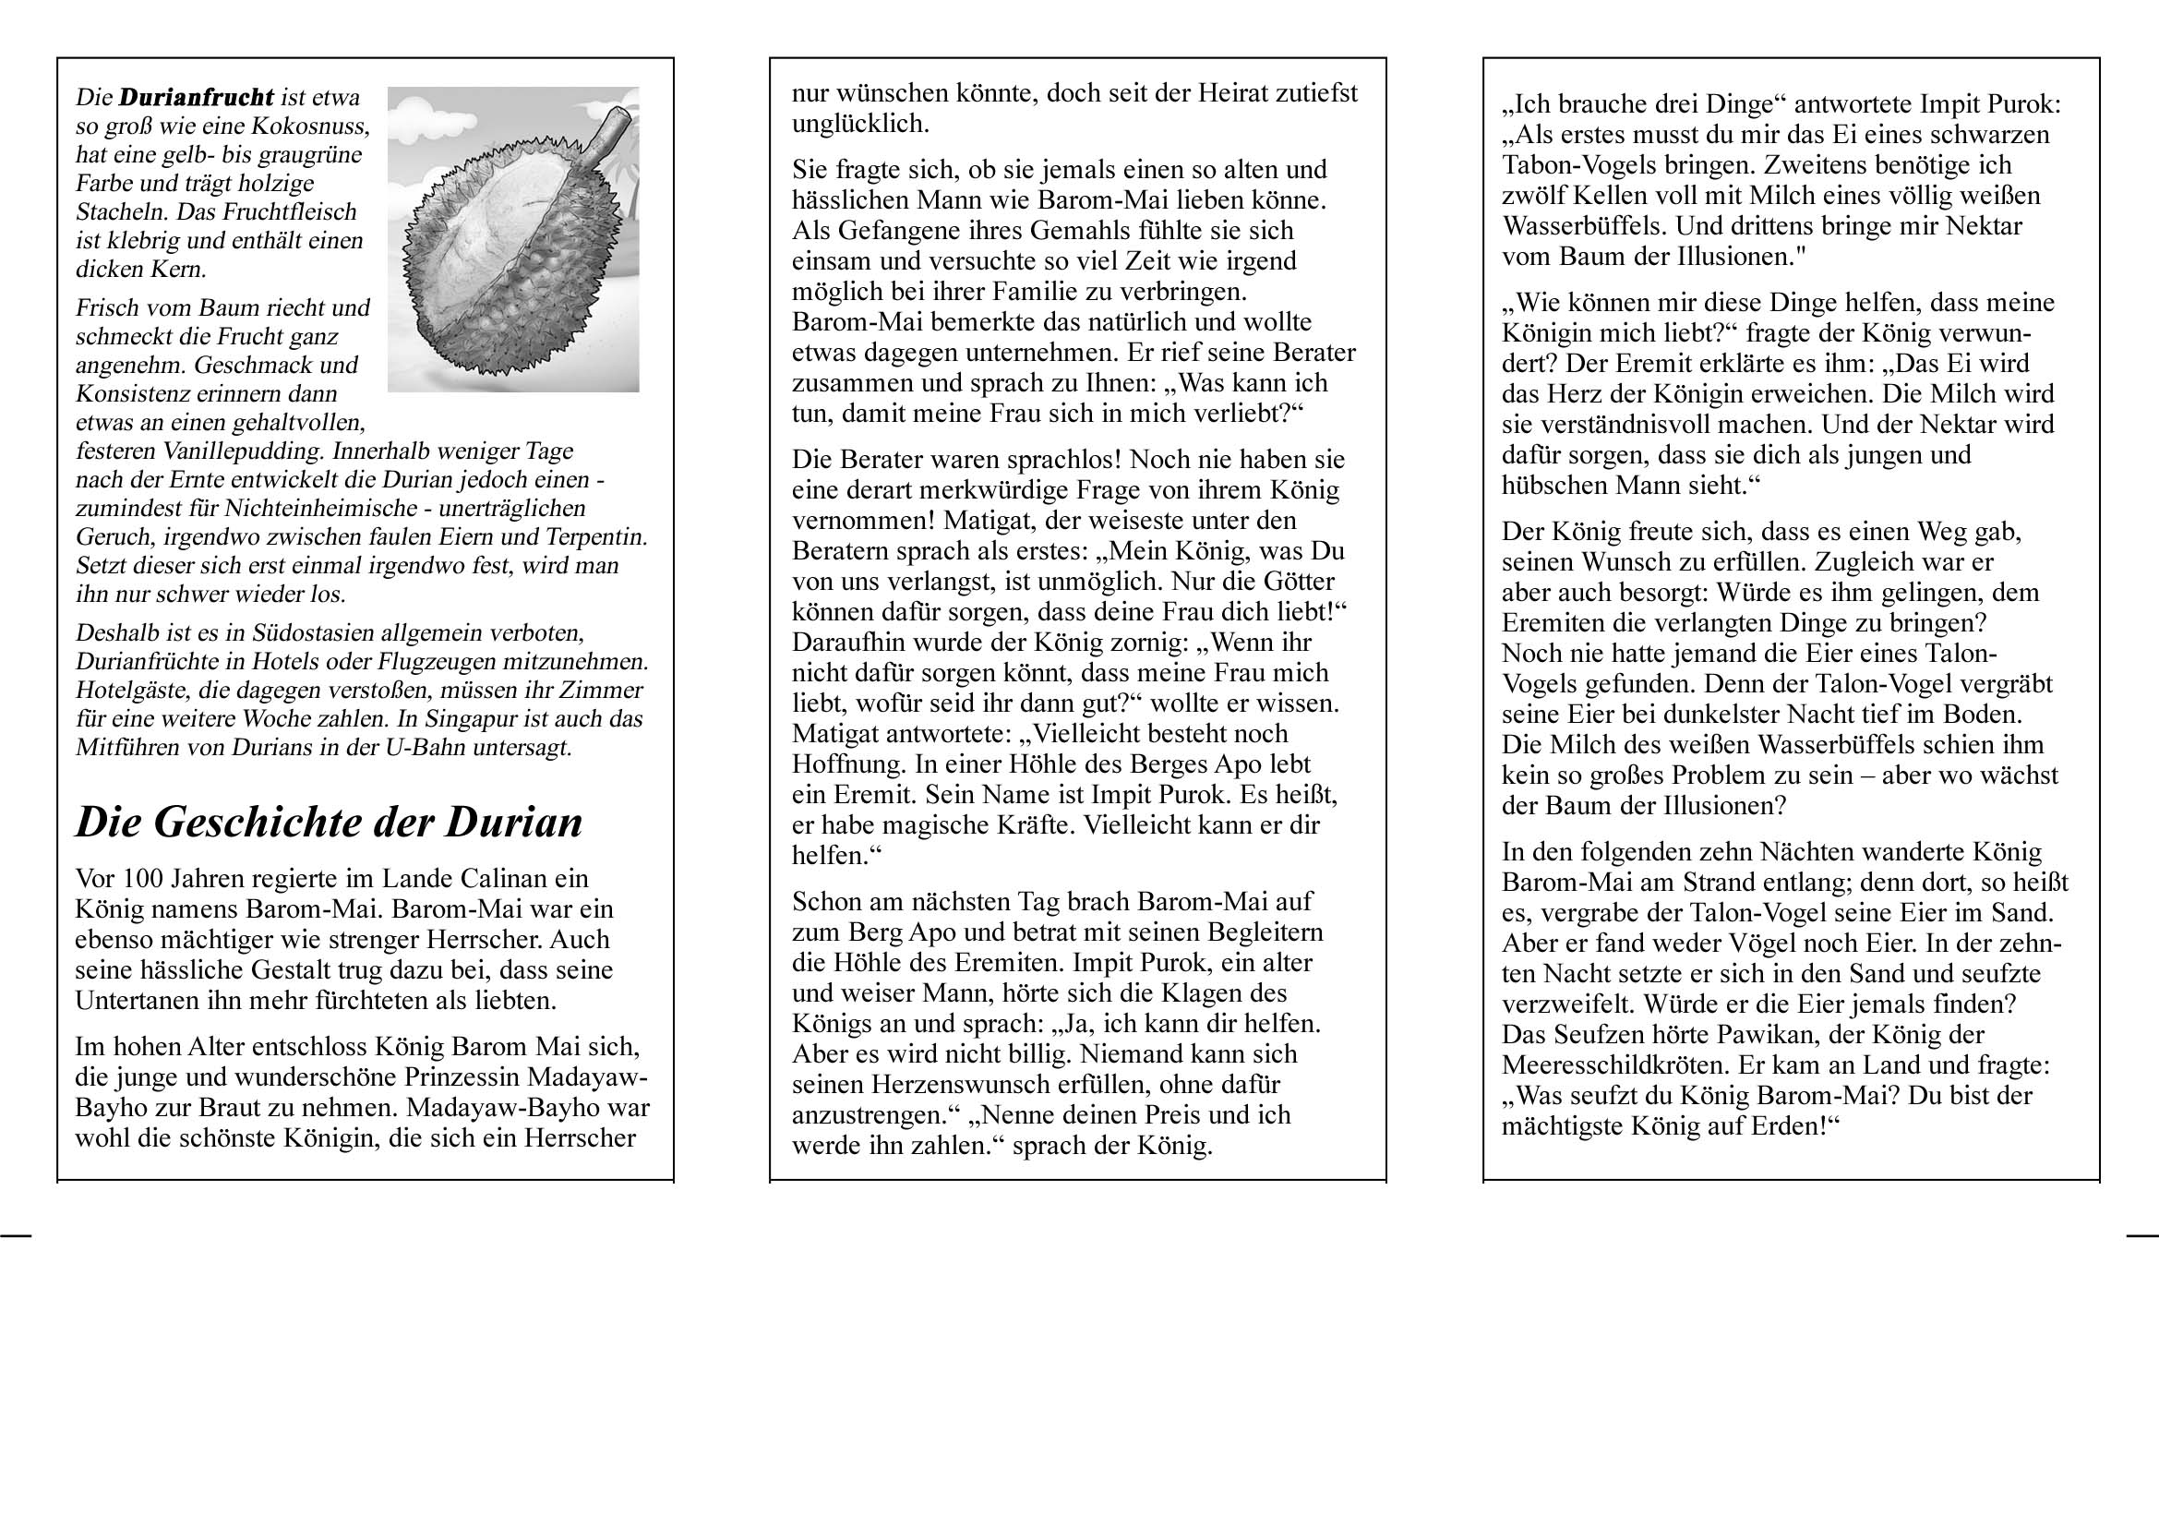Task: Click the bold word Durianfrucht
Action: point(197,97)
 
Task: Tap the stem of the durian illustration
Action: point(603,138)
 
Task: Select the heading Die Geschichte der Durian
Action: point(330,822)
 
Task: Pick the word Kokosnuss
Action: point(315,126)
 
